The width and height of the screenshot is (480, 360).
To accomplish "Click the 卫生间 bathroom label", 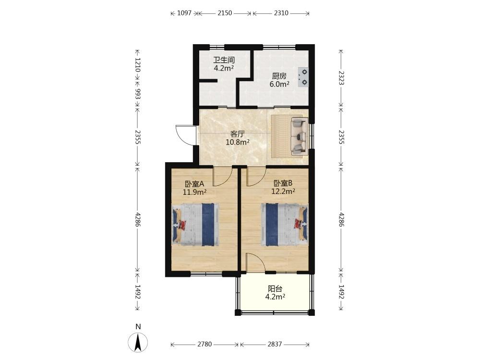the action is click(224, 60).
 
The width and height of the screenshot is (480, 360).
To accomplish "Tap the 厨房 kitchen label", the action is click(279, 76).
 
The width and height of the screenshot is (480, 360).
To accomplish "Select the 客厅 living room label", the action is click(237, 134).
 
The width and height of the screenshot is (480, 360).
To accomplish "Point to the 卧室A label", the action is click(194, 184).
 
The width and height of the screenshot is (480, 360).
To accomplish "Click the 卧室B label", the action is click(283, 183).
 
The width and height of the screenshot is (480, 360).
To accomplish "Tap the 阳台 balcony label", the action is click(275, 288).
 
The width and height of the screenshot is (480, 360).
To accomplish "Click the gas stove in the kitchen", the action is click(303, 77).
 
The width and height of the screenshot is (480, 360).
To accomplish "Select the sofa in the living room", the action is click(299, 136).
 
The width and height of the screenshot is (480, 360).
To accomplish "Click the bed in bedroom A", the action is click(196, 224).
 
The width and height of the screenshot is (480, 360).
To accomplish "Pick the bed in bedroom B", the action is click(284, 224).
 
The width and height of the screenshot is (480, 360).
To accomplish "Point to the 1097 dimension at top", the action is click(184, 13).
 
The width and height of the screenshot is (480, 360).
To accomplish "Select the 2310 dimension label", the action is click(281, 13).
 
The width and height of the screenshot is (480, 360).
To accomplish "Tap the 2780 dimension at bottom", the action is click(204, 344).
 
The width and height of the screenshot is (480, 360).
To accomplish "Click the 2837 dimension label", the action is click(275, 344).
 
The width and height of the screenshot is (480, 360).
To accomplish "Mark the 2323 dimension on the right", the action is click(341, 78).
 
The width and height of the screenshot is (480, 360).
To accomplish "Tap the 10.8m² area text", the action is click(237, 142).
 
